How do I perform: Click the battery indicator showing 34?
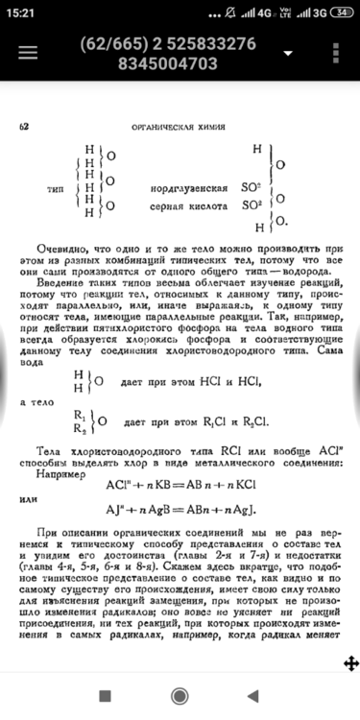342,12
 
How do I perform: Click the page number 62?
24,127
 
